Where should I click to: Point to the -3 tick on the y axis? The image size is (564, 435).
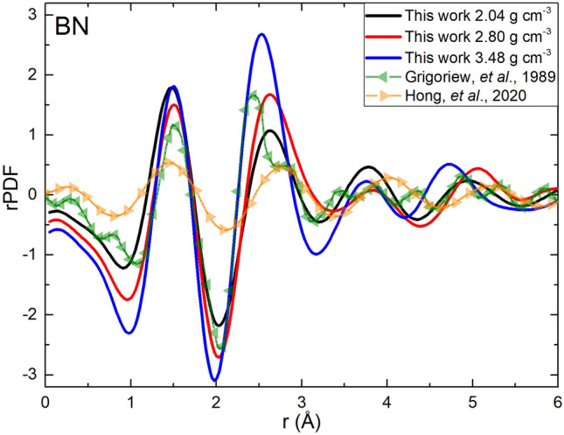[29, 375]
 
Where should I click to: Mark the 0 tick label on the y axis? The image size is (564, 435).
[32, 194]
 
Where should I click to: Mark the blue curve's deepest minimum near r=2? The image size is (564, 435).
[215, 380]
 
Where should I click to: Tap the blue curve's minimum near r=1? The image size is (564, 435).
[129, 333]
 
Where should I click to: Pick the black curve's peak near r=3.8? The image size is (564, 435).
[369, 167]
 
